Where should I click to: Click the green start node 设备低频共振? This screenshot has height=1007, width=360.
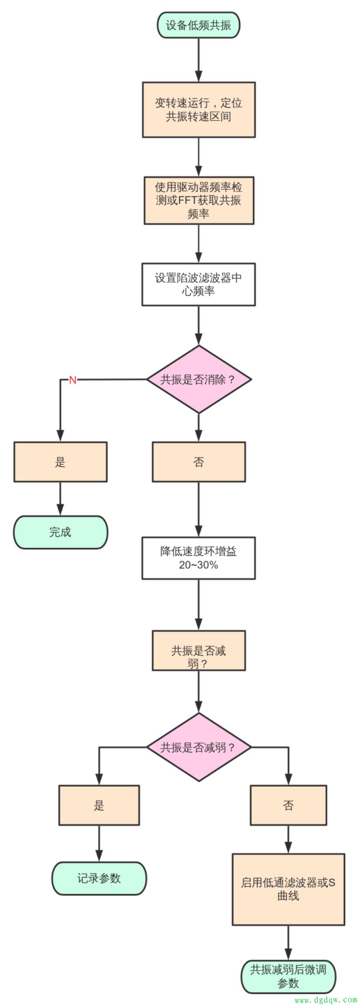pos(198,25)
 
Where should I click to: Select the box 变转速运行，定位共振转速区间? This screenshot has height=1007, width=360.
pos(199,109)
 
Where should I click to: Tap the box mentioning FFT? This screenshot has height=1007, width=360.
pos(199,200)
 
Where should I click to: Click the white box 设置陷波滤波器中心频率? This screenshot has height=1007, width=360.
pos(198,284)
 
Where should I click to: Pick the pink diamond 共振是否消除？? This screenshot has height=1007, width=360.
pos(199,379)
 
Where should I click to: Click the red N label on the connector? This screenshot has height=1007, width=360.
pos(73,380)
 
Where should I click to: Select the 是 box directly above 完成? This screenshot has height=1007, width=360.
pos(60,462)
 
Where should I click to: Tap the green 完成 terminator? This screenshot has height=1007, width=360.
pos(60,532)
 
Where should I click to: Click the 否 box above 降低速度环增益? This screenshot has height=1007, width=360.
pos(199,462)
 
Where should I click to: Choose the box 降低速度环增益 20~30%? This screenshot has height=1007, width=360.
pos(198,558)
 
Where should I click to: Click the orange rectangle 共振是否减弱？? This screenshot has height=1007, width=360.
pos(199,650)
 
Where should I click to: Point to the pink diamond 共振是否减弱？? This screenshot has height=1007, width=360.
pos(199,747)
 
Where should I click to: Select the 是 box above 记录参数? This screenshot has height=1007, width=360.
pos(99,805)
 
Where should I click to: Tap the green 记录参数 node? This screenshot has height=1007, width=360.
pos(99,878)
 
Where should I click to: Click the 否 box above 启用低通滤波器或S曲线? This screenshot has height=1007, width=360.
pos(288,805)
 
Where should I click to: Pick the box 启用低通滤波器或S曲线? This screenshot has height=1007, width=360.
pos(288,889)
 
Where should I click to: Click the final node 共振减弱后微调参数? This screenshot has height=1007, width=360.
pos(288,976)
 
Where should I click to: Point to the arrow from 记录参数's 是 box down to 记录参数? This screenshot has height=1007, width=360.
pos(99,843)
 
